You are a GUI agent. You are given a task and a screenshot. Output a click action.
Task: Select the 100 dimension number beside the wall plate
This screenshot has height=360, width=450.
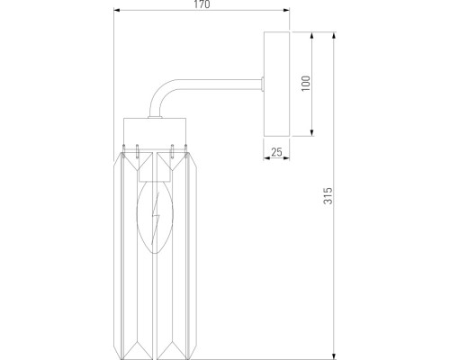(305, 85)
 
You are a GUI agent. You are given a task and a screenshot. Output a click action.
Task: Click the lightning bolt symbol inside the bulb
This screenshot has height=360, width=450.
(157, 217)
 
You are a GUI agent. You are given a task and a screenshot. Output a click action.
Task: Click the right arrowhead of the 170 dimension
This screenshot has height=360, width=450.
(286, 13)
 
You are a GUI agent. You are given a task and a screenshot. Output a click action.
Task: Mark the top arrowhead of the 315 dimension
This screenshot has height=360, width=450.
(334, 35)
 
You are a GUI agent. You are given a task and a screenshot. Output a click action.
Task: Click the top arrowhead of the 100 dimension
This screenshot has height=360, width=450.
(312, 35)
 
